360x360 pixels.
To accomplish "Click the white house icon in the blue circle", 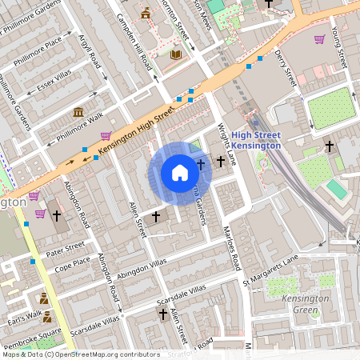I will coord(180,173).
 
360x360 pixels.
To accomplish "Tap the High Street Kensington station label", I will coord(256,140).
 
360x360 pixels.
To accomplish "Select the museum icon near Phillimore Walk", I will coord(78,112).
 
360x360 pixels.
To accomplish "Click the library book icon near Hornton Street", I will coord(176,54).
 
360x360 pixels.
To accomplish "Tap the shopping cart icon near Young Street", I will coord(320,39).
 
